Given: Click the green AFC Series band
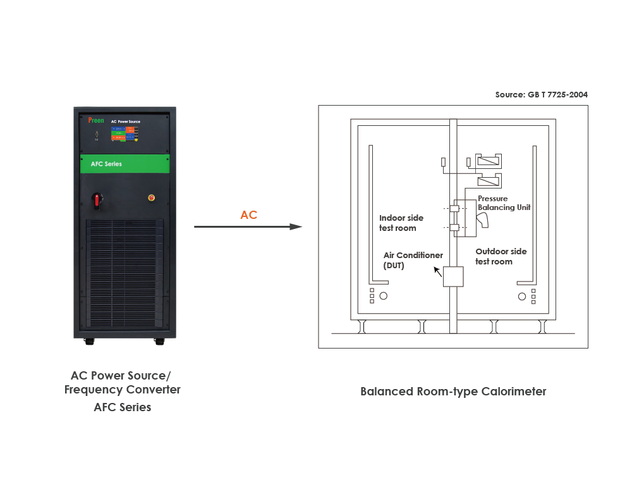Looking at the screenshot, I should [x=125, y=164].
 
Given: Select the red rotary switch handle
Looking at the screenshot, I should [x=97, y=201].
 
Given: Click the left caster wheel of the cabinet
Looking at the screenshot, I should [x=89, y=341].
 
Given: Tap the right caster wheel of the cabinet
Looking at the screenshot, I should [x=157, y=341].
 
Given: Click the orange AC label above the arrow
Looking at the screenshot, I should [x=248, y=215].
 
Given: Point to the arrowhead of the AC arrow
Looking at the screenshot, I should [x=296, y=226].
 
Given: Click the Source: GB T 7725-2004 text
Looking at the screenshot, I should [x=541, y=95].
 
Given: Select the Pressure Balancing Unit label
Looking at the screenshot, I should [x=504, y=203].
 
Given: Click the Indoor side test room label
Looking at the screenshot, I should [x=401, y=223].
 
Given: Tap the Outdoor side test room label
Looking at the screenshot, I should [x=501, y=256].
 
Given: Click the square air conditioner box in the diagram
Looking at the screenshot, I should [x=453, y=277].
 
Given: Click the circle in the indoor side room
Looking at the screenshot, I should [x=383, y=296].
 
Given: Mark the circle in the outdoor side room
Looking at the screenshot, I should [x=521, y=296].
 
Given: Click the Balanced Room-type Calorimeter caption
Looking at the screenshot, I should [x=453, y=392].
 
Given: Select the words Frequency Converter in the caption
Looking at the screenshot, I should [x=122, y=390].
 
